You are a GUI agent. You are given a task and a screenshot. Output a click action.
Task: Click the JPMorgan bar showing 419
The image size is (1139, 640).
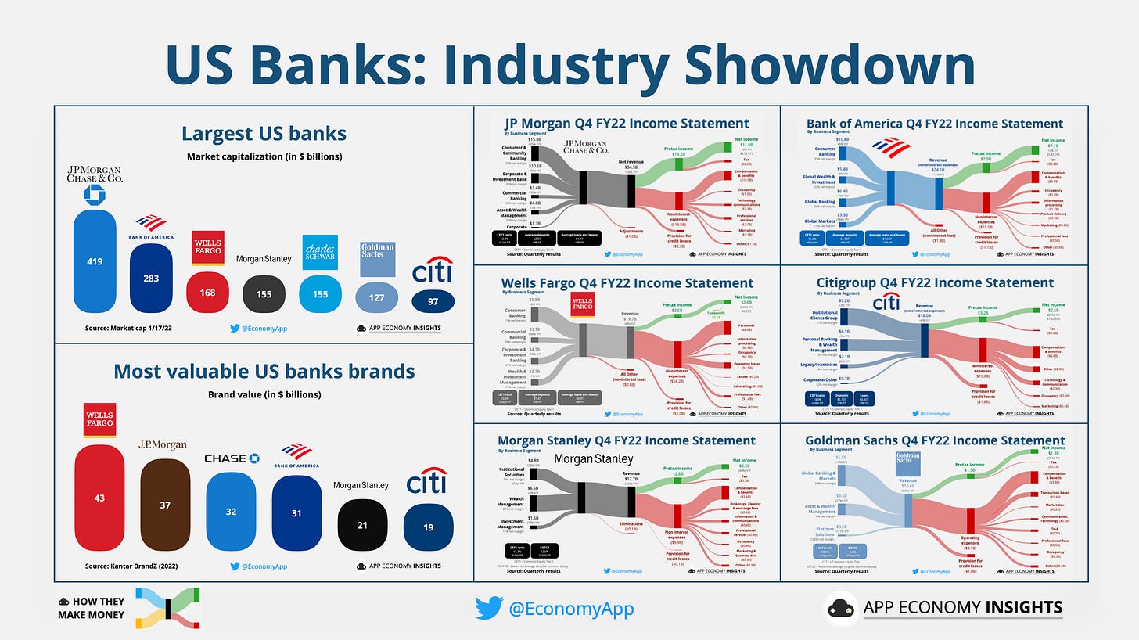pos(94,261)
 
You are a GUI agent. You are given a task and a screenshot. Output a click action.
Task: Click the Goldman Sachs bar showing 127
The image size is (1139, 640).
pos(377,297)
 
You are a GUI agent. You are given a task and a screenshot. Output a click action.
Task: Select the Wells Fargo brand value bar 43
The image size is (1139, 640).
pos(99,498)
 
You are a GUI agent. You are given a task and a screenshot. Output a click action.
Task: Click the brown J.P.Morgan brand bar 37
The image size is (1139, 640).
pos(164,505)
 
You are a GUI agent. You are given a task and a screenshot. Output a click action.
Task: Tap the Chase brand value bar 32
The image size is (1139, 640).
pos(231,512)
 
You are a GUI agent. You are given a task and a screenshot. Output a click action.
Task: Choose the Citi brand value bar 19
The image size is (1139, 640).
pos(428,527)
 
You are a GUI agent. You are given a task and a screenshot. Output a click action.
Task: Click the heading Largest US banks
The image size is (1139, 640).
pos(264,133)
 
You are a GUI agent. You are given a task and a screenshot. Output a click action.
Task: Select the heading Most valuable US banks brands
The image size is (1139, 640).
pos(264,371)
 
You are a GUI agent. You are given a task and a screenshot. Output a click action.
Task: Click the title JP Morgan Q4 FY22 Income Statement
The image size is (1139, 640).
pos(627,123)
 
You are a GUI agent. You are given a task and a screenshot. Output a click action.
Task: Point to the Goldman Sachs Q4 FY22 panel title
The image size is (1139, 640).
pos(935,440)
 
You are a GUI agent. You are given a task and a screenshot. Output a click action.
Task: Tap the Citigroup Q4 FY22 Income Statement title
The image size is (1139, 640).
pos(935,282)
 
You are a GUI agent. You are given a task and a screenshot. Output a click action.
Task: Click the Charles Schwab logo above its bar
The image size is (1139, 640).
pos(319,251)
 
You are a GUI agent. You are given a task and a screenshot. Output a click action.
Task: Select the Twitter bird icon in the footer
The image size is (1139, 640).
pos(489,608)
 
